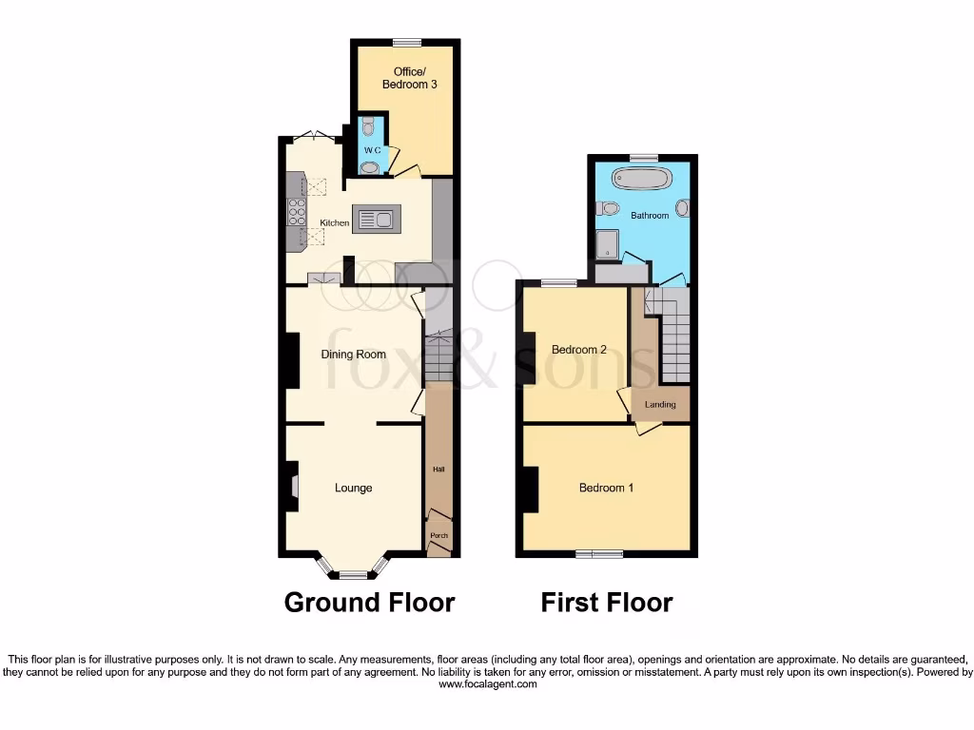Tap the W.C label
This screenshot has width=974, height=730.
tap(370, 150)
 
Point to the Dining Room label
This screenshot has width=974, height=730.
tap(353, 355)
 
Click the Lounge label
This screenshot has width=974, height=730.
tap(353, 488)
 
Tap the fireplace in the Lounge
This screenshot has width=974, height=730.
tap(293, 487)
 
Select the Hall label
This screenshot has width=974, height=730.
tap(438, 469)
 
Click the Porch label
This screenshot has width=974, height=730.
tap(438, 536)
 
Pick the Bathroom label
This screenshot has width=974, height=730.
tap(650, 216)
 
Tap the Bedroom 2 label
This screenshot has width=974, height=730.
tap(579, 350)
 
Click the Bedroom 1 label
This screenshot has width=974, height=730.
tap(606, 488)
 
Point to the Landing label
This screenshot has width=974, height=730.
tap(660, 405)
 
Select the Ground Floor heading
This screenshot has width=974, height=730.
tap(369, 603)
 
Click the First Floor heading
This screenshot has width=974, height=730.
tap(607, 603)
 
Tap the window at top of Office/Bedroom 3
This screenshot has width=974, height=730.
tap(407, 41)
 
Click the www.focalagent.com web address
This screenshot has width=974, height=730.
tap(486, 684)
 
